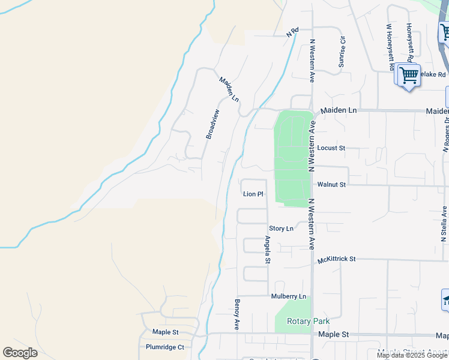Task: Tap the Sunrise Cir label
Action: coord(342,52)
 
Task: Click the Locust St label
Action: coord(331,148)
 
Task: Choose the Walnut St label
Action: coord(331,185)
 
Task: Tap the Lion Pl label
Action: coord(253,194)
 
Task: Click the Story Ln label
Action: coord(281,229)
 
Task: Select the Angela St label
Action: coord(268,250)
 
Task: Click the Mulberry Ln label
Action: coord(288,296)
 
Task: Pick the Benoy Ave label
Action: coord(237,314)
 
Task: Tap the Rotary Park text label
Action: coord(308,322)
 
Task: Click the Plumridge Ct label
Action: coord(164,347)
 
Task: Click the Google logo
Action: coord(20,353)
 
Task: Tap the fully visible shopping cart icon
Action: coord(409,76)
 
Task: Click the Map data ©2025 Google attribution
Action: coord(412,355)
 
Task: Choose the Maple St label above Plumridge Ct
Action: coord(165,332)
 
